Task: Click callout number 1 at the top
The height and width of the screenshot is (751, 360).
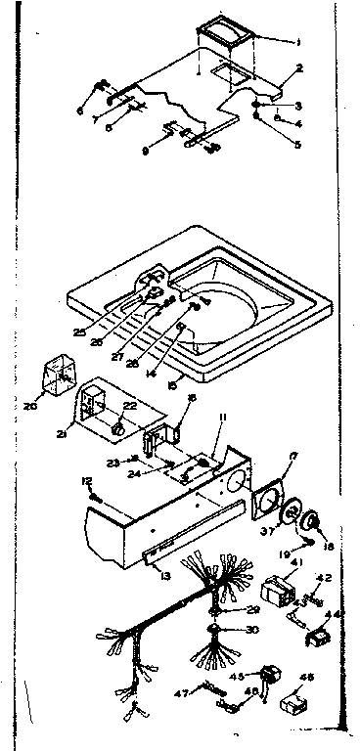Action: click(298, 42)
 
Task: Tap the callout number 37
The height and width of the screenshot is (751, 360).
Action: click(263, 532)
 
